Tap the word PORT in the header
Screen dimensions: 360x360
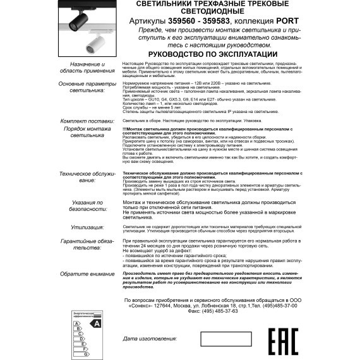275,20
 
